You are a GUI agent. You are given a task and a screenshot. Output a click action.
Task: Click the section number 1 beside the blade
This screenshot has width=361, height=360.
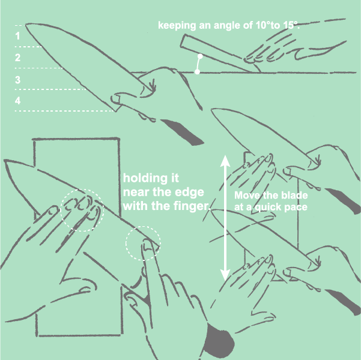click(x=17, y=36)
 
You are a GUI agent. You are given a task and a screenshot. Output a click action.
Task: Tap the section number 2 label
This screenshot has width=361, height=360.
click(x=18, y=57)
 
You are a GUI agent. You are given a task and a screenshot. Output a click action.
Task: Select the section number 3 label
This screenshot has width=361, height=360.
click(x=18, y=80)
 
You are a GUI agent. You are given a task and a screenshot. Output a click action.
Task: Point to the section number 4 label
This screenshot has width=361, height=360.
click(x=18, y=101)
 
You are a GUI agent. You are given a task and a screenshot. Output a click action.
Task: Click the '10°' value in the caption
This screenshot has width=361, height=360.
click(x=263, y=25)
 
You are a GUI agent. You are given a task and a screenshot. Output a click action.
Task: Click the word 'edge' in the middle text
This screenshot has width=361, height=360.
click(x=193, y=192)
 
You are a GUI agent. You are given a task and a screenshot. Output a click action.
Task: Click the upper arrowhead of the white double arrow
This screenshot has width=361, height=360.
click(x=225, y=161)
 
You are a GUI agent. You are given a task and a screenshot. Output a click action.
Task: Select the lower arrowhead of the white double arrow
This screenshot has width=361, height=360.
click(x=225, y=275)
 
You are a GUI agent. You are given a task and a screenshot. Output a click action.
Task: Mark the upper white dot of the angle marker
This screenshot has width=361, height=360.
click(x=200, y=56)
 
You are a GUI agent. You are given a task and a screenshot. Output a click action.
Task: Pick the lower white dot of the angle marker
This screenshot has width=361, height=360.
click(x=197, y=72)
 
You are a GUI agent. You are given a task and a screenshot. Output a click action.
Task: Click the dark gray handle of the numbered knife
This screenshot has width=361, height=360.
click(x=183, y=132)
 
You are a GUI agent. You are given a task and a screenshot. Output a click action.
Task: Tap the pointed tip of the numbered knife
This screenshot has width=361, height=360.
click(x=26, y=24)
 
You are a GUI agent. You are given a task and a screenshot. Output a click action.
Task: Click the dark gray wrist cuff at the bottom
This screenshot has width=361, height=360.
click(x=219, y=341)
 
